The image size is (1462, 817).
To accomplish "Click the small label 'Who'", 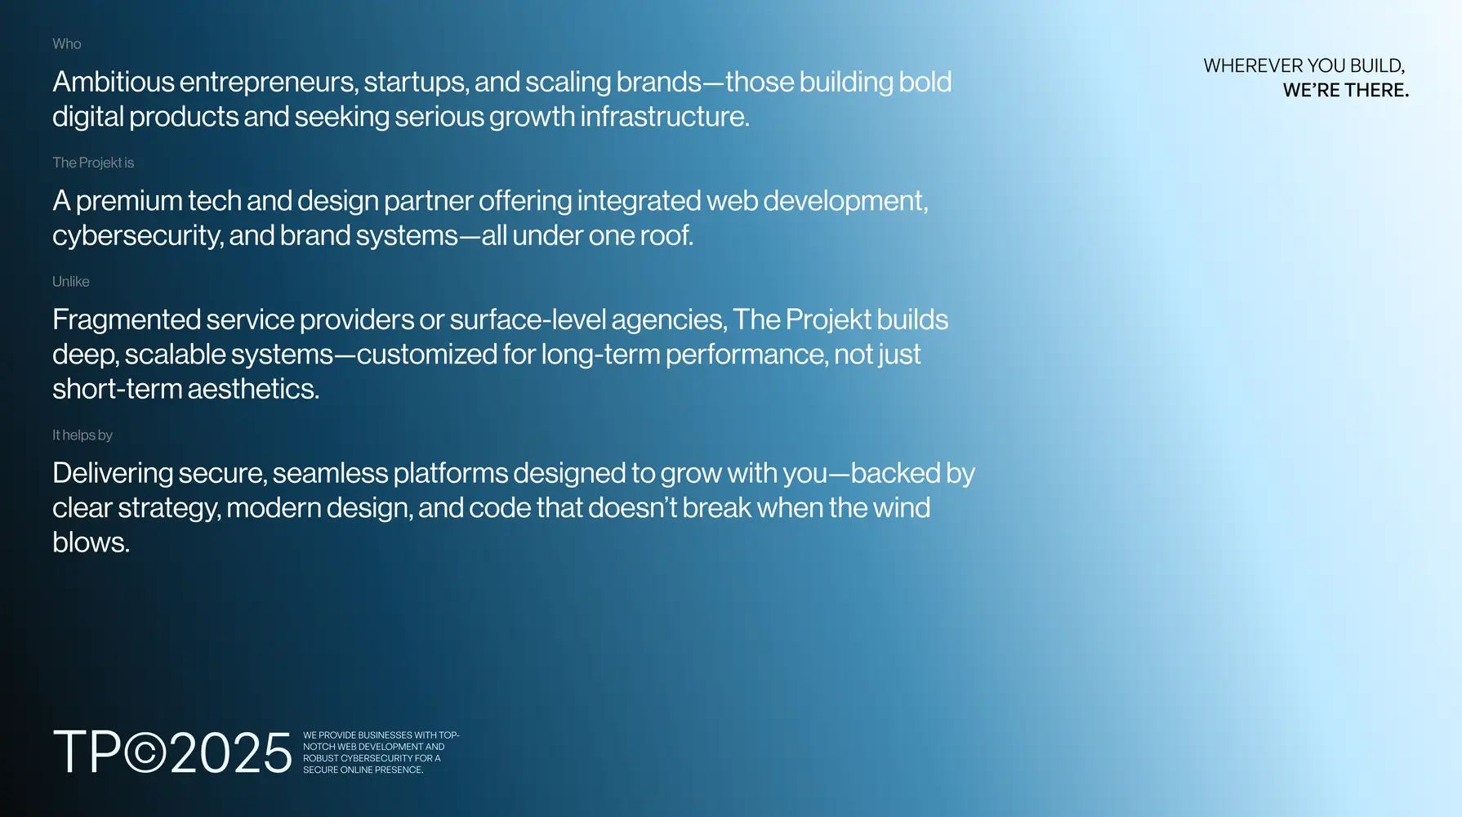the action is click(x=67, y=44).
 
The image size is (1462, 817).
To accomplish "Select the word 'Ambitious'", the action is click(x=114, y=82).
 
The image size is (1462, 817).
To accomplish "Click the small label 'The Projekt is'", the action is click(x=93, y=163).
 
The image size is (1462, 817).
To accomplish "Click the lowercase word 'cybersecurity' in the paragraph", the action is click(x=136, y=236).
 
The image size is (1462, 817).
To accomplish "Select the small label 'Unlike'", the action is click(x=71, y=282).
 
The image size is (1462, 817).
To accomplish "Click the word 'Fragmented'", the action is click(x=127, y=319).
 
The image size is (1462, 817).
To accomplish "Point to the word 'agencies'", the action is click(x=667, y=320).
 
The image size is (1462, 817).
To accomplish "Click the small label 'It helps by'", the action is click(x=82, y=435).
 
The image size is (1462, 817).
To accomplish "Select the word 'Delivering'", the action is click(x=113, y=474).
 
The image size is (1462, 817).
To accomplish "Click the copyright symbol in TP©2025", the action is click(x=145, y=752).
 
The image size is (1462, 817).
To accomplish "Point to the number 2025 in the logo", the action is click(x=231, y=752).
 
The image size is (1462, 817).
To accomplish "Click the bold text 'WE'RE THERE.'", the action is click(x=1346, y=91).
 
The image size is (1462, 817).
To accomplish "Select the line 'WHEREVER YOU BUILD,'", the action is click(x=1304, y=66).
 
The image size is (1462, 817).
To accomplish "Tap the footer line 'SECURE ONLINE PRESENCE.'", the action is click(x=363, y=770).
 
